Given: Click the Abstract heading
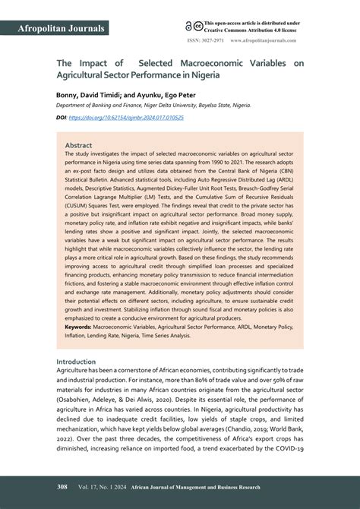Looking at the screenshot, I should pyautogui.click(x=78, y=144).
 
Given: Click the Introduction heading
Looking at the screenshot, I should pyautogui.click(x=76, y=362).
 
